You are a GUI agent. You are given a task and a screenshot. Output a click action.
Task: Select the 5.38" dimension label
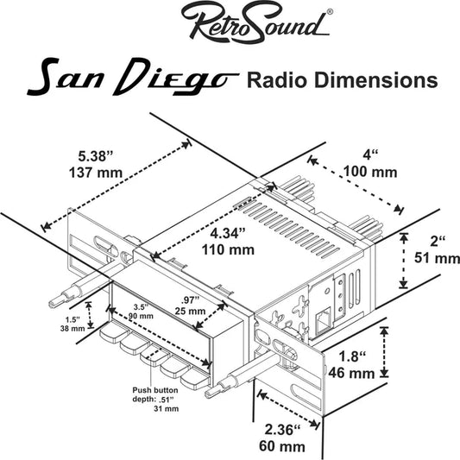point(96,156)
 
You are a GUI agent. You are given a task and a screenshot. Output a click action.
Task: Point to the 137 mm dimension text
point(97,173)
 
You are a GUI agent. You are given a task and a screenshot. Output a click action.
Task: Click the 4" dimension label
point(371,155)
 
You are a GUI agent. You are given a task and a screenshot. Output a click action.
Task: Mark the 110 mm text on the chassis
point(229,250)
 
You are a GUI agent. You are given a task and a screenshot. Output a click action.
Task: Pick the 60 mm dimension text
point(281,446)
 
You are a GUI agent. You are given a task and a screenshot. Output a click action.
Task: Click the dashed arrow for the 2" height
point(402,260)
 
